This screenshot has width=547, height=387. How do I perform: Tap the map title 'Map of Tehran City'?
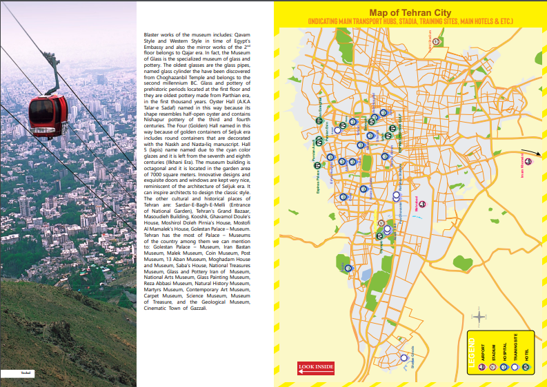tap(410, 12)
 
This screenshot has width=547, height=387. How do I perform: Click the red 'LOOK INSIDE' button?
tap(316, 366)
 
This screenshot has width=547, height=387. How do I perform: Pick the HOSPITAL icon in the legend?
tap(504, 368)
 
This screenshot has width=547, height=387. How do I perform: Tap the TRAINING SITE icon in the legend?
tap(515, 368)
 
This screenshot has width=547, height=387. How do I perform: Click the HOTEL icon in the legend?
tap(526, 368)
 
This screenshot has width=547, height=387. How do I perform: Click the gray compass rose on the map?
tap(479, 317)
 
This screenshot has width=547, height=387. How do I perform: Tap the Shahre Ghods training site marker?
tap(404, 357)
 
